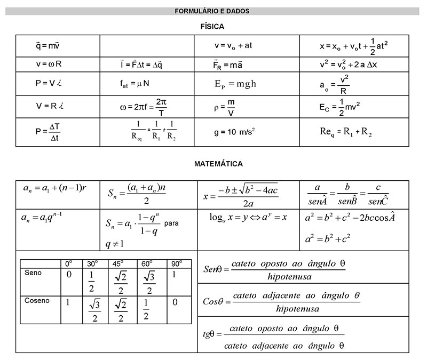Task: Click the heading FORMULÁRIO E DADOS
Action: coord(212,11)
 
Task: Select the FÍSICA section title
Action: coord(212,26)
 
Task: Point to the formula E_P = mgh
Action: coord(235,84)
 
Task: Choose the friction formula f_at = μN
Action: coord(135,83)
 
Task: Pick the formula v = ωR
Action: coord(49,64)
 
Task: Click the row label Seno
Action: coord(33,273)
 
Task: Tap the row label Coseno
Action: coord(37,300)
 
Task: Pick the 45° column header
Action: coord(118,263)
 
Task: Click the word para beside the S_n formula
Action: coord(171,223)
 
